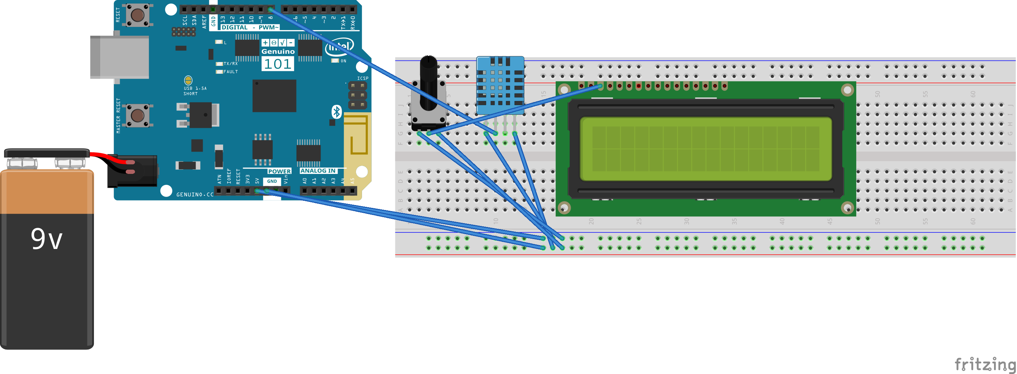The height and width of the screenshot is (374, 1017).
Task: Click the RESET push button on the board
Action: click(137, 15)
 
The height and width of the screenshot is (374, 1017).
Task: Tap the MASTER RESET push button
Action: click(137, 116)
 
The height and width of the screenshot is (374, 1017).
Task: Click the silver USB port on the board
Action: click(119, 57)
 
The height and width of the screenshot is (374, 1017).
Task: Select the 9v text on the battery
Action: click(47, 239)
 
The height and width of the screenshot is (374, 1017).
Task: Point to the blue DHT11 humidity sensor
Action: click(500, 85)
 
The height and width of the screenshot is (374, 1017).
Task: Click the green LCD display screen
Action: click(706, 149)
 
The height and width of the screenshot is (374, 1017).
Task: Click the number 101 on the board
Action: click(278, 64)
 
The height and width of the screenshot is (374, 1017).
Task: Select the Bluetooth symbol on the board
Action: click(337, 112)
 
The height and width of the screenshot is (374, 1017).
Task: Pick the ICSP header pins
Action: click(357, 96)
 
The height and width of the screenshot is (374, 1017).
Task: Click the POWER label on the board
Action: click(279, 171)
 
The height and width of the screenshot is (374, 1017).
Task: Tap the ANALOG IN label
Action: click(318, 171)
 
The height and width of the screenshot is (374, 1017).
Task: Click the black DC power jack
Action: click(132, 171)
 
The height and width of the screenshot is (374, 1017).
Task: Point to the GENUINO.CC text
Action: click(194, 194)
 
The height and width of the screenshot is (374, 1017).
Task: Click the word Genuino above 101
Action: click(278, 51)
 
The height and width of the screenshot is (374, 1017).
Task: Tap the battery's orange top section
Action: click(47, 192)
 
